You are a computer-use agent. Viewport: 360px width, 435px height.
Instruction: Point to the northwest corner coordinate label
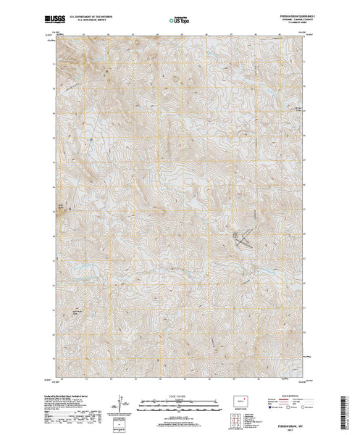point(51,33)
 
